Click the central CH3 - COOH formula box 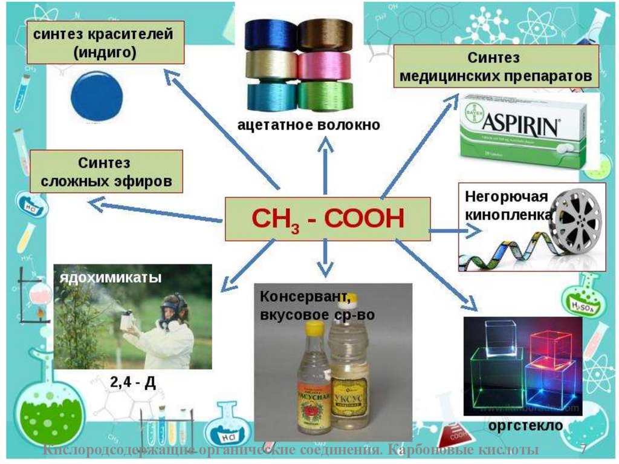coord(328,218)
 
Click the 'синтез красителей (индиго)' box coord(105,43)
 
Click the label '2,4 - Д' coord(132,383)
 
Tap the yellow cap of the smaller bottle coord(314,328)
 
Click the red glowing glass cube coord(551,345)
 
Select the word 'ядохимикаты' coord(110,278)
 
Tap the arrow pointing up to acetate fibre coord(326,163)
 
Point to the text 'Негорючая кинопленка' coord(508,206)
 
